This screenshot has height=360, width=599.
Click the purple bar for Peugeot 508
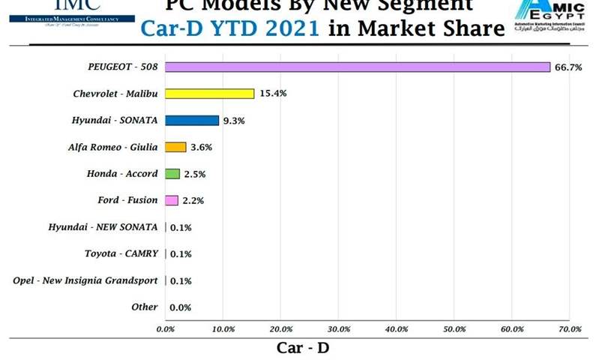point(358,67)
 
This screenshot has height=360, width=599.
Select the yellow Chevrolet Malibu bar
point(210,94)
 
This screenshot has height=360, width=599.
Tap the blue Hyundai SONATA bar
point(192,120)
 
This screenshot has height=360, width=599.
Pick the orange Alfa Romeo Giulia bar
point(175,147)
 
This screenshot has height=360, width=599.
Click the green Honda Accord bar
point(172,174)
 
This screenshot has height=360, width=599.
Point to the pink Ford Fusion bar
point(172,200)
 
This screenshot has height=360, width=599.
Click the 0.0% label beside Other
point(181,307)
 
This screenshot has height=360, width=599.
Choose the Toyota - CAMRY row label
point(121,253)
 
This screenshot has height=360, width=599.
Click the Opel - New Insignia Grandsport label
point(85,280)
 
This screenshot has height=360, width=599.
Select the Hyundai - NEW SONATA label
point(103,227)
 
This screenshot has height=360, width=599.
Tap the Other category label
point(144,307)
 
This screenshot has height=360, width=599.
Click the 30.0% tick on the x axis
point(339,328)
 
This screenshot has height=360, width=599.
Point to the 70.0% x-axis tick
point(570,328)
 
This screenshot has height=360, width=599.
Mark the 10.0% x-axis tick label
point(223,328)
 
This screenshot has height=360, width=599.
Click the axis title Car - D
point(303,347)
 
